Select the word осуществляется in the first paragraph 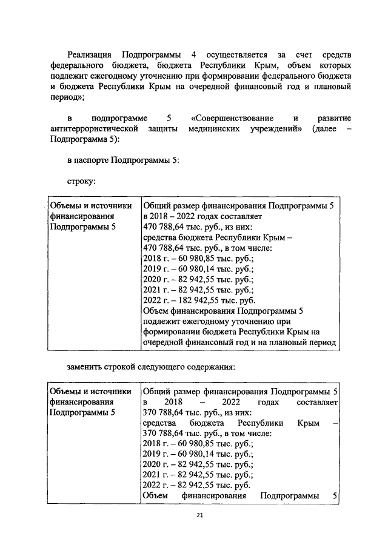pyautogui.click(x=235, y=54)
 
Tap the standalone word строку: pyautogui.click(x=82, y=180)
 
